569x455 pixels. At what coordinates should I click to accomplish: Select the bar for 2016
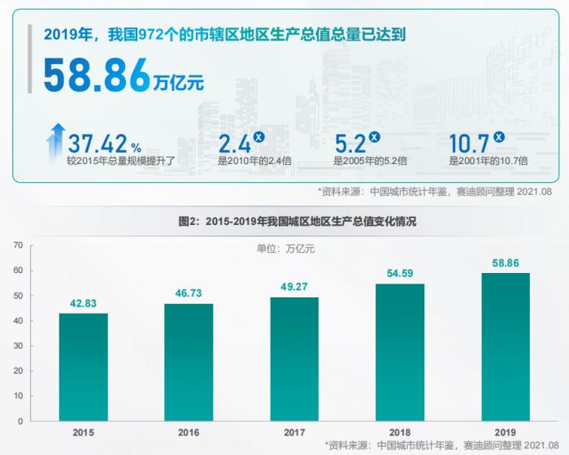pos(189,362)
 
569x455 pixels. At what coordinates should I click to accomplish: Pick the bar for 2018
pos(400,352)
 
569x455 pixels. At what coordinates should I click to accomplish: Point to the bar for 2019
pos(506,347)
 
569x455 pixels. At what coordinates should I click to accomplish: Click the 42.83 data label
pos(84,304)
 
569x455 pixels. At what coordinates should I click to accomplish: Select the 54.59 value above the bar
pos(400,274)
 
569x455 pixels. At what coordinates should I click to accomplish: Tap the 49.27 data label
pos(294,288)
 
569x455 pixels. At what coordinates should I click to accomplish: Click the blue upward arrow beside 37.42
pos(56,143)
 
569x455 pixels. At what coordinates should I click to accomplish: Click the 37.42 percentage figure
pos(98,145)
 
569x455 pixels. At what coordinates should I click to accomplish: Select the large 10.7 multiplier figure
pos(469,145)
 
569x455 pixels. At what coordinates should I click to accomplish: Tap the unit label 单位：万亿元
pos(284,249)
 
